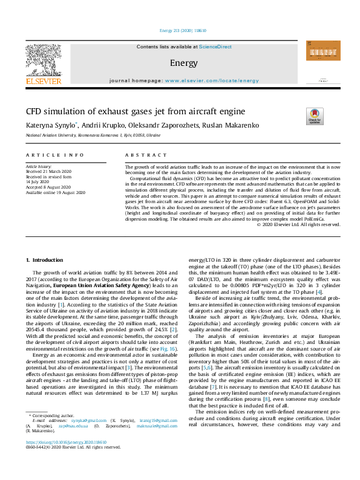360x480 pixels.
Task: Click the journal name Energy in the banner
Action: pos(180,63)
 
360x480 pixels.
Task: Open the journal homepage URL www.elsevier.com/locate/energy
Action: pos(208,80)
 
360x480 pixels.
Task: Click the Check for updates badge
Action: pos(315,115)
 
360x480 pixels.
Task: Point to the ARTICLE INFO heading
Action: pos(55,155)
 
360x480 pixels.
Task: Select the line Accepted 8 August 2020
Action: pos(51,187)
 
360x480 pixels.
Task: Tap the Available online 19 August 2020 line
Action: pos(56,192)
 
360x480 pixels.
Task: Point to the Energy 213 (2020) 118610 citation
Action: pos(180,30)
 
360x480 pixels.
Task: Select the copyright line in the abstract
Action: pos(298,224)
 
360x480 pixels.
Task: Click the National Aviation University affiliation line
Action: pos(93,136)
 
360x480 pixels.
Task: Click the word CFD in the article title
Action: pos(34,111)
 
